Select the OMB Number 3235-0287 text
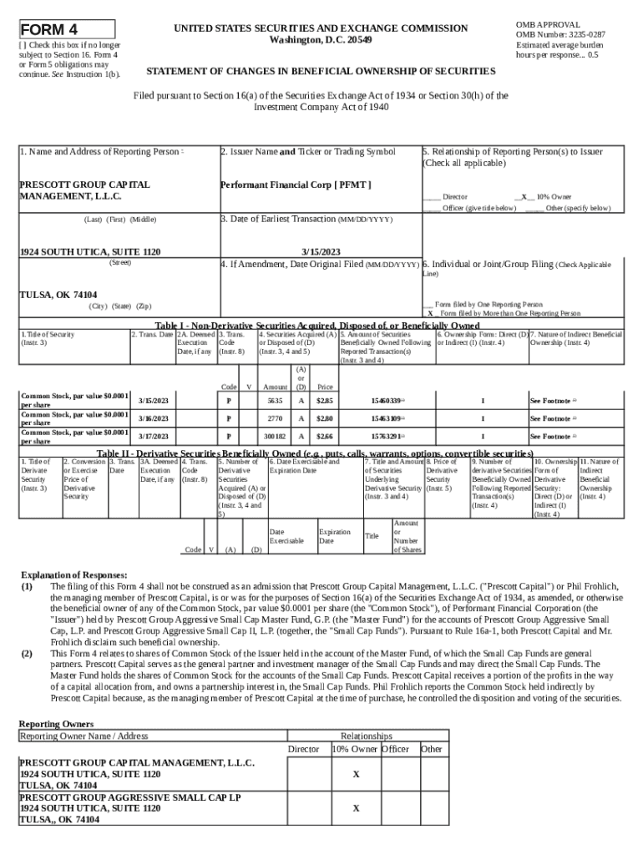(560, 34)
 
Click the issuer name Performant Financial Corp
(296, 184)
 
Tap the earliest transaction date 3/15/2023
(321, 251)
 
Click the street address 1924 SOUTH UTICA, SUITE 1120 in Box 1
(90, 251)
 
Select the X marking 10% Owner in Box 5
(524, 196)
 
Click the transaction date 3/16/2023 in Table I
(153, 418)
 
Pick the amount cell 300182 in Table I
(275, 437)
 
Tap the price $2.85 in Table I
(325, 401)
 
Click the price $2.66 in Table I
(325, 437)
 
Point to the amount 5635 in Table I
(275, 401)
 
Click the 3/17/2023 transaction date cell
(153, 437)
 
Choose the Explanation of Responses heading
(74, 575)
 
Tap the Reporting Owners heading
(56, 723)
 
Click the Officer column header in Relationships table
(395, 749)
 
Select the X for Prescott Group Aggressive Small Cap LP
(356, 808)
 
